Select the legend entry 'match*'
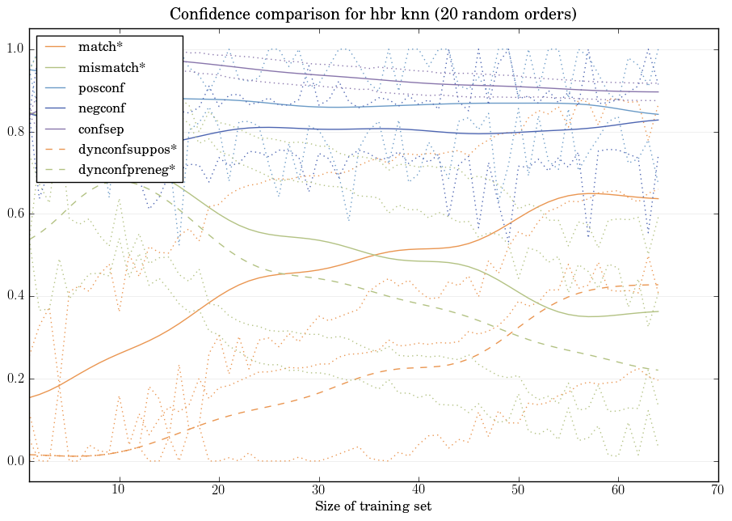[95, 47]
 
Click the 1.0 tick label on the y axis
[15, 49]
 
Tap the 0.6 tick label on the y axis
[15, 214]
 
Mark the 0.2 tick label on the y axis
[15, 379]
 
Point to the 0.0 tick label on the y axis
[15, 461]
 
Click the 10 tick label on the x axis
[119, 490]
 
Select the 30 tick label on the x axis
[318, 490]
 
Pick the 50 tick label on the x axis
[518, 490]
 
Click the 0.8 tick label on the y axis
[15, 132]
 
